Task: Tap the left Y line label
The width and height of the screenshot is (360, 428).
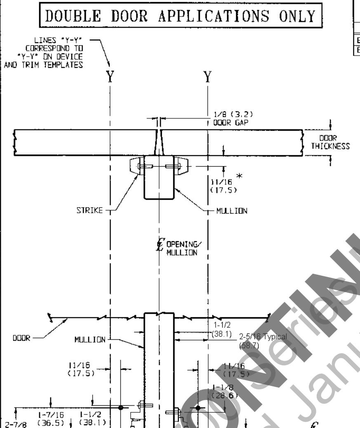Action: pos(110,78)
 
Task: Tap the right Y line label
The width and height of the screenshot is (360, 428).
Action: pos(208,78)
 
